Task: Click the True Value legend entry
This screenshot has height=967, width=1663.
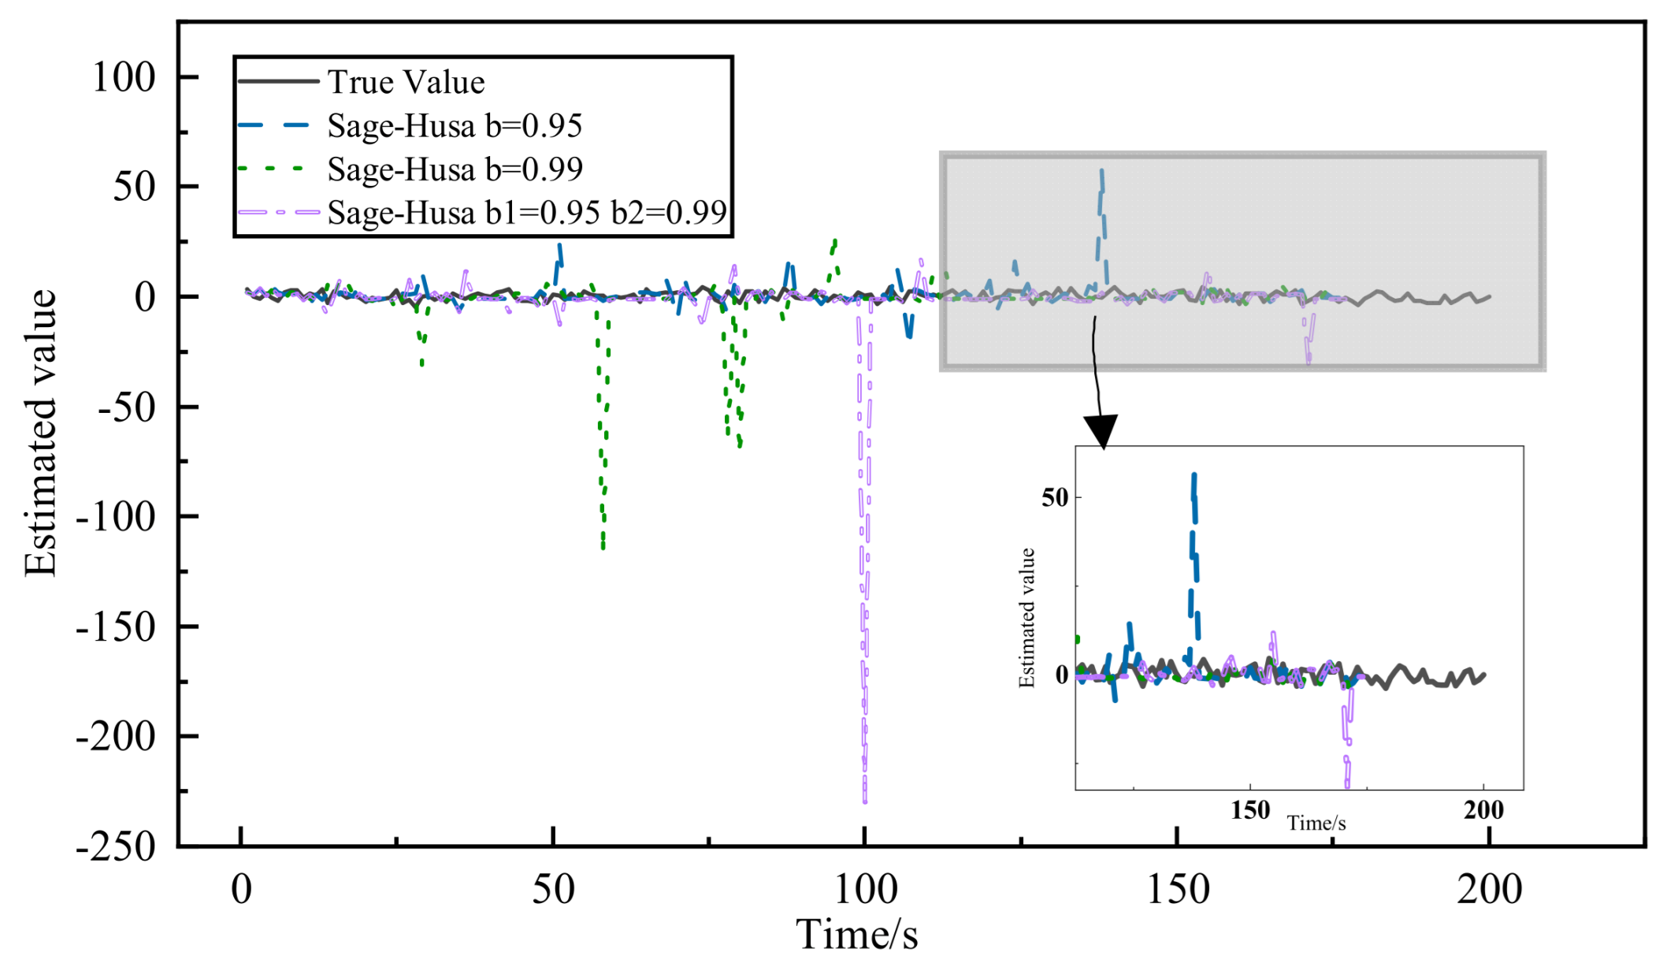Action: click(406, 82)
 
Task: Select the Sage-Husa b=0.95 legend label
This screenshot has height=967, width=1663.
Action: click(455, 125)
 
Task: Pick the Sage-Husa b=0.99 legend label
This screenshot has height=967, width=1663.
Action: click(455, 169)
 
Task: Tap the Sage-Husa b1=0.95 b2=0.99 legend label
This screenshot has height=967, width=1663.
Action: click(526, 213)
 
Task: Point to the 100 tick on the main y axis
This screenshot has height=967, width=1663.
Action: click(124, 77)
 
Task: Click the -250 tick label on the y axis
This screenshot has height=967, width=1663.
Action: click(116, 846)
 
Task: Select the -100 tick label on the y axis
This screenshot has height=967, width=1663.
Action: click(116, 517)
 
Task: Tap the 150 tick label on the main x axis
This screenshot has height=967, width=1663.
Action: click(1177, 889)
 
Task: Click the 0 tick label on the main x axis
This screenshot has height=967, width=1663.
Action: click(241, 889)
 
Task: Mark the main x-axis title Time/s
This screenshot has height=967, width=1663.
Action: click(856, 935)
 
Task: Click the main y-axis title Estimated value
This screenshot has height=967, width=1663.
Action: click(40, 433)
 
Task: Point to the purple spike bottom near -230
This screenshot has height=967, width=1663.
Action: click(865, 801)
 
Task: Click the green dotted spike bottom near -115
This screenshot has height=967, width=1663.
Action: click(603, 545)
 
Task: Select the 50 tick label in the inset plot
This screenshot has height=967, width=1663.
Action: click(1055, 497)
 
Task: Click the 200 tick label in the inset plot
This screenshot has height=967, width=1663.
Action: click(1483, 809)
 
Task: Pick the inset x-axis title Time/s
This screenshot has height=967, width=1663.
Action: click(1316, 824)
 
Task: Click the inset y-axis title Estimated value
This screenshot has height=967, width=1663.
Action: click(1026, 617)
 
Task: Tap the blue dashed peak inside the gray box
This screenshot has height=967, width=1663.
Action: click(1101, 172)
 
